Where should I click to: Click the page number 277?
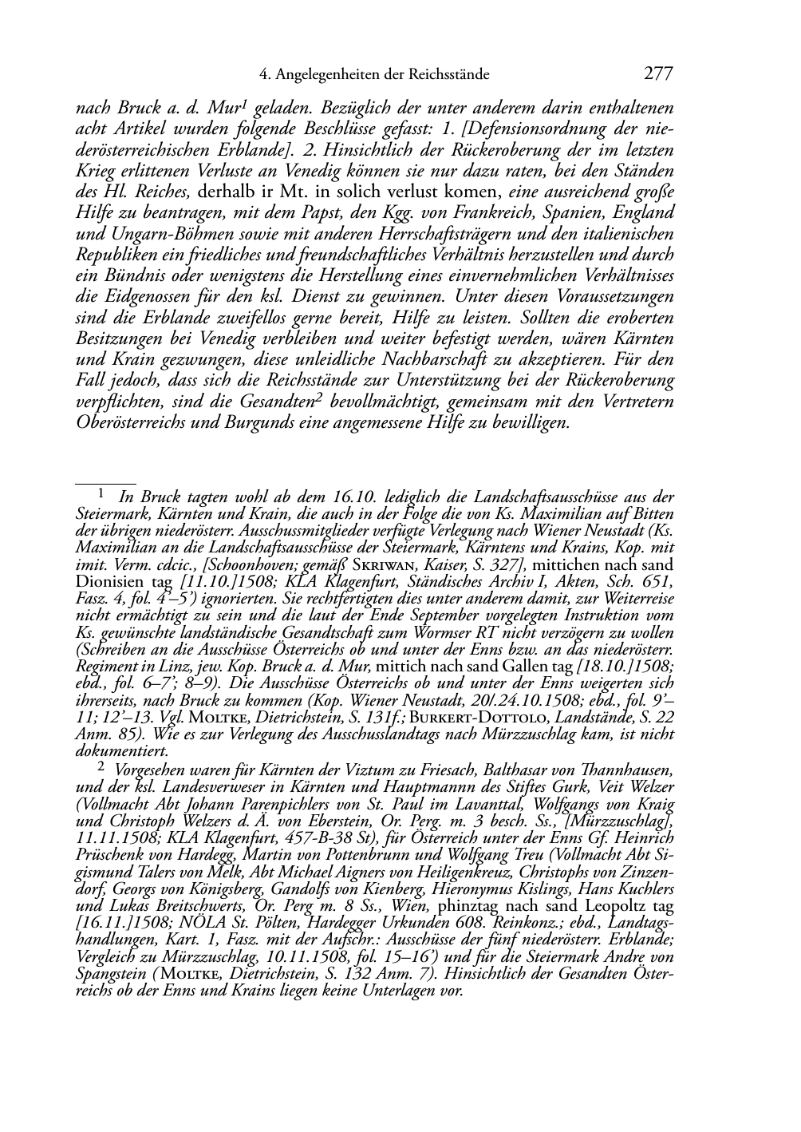pos(658,74)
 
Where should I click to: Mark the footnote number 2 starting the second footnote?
pos(101,768)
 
